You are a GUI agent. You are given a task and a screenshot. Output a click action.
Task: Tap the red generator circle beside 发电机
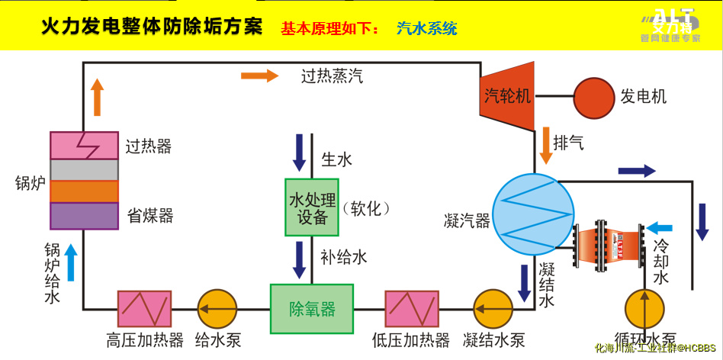click(593, 97)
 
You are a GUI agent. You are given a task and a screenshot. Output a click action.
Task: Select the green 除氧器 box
click(312, 308)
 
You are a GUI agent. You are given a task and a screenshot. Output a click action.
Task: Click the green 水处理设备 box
click(311, 208)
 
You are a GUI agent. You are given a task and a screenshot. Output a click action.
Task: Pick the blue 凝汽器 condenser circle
click(532, 214)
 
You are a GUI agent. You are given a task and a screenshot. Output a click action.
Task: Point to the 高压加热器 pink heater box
click(144, 309)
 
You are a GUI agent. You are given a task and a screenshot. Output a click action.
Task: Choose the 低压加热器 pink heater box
click(412, 309)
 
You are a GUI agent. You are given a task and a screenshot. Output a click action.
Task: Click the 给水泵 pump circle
click(218, 309)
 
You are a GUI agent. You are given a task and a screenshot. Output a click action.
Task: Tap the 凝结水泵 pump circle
click(493, 309)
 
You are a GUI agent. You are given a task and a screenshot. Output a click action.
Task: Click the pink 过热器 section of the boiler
click(84, 145)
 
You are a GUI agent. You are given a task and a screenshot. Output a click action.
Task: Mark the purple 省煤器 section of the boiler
click(84, 216)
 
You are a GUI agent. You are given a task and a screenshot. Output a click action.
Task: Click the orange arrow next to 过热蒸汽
click(259, 76)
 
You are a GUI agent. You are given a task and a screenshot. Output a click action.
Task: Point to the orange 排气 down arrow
click(546, 146)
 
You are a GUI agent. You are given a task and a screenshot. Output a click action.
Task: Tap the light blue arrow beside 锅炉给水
click(71, 262)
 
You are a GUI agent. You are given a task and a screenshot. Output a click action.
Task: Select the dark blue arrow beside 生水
click(300, 153)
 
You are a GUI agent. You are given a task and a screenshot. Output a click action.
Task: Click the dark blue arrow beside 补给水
click(300, 260)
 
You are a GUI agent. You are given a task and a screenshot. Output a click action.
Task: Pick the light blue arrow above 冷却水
click(660, 227)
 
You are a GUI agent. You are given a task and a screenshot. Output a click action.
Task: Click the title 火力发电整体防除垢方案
click(152, 27)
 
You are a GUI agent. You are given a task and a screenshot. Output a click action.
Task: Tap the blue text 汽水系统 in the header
click(427, 29)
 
